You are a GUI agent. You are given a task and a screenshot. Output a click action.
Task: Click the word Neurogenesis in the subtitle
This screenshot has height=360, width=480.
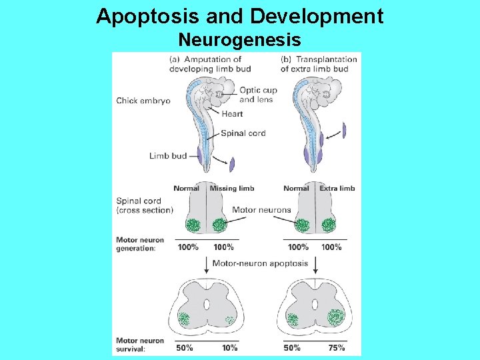[x=239, y=40]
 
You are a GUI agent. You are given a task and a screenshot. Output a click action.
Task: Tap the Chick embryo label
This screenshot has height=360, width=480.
[x=143, y=101]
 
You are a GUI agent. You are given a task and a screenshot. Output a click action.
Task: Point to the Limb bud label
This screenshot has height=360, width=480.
[x=168, y=156]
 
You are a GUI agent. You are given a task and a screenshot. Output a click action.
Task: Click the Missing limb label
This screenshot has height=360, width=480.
[x=232, y=189]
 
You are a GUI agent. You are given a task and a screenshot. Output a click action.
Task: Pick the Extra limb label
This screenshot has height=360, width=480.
[x=337, y=189]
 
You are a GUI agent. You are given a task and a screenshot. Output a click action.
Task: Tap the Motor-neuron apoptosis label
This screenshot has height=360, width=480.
[x=260, y=263]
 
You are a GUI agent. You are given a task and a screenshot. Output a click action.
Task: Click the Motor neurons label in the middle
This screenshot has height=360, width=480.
[x=261, y=210]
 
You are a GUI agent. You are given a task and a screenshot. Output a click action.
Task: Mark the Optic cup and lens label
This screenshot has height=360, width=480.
[x=258, y=95]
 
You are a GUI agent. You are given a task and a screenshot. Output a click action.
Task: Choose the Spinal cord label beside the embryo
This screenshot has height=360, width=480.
[x=243, y=133]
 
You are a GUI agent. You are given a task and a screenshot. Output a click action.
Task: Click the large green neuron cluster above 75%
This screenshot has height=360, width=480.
[x=335, y=319]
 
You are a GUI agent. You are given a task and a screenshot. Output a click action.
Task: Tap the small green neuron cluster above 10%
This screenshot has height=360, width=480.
[x=229, y=321]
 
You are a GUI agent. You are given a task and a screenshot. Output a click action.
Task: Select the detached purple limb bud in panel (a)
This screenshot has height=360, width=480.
[x=232, y=164]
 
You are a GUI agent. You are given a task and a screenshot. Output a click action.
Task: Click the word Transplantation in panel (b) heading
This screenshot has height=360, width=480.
[x=328, y=59]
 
